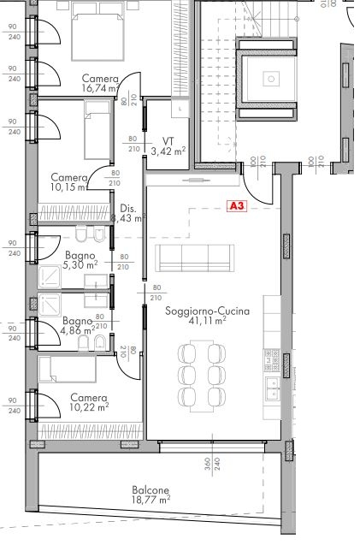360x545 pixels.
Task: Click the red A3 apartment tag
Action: point(237,205)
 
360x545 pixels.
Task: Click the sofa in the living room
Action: point(196,255)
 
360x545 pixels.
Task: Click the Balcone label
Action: point(150,490)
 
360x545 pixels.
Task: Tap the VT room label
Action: point(168,141)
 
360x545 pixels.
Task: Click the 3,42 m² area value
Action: point(168,151)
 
